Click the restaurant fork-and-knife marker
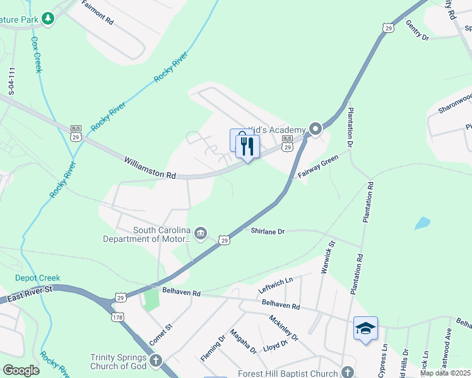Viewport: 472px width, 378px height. pos(247,147)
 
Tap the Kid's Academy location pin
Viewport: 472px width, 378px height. pos(316,129)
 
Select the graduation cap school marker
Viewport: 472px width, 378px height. pos(365,328)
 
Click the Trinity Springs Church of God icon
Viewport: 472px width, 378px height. pos(155,361)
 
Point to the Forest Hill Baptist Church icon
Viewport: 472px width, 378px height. pos(347,372)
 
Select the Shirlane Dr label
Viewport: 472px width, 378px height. pos(268,231)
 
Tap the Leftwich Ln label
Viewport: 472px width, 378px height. pos(276,286)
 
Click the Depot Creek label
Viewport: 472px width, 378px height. pos(37,278)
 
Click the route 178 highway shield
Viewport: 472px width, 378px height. pos(118,316)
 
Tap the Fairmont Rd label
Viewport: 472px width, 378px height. pos(97,13)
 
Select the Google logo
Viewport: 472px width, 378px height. pos(21,370)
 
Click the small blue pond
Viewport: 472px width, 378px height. pos(422,223)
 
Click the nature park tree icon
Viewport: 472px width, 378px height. pos(48,19)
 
